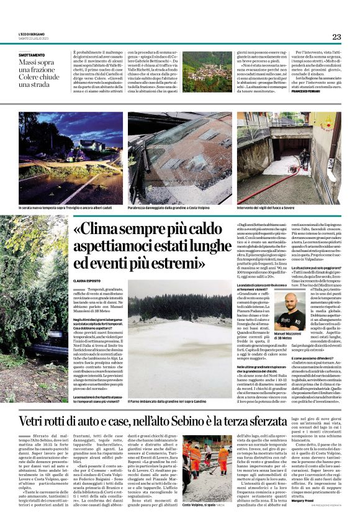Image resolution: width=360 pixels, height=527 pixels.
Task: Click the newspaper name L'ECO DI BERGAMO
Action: (32, 35)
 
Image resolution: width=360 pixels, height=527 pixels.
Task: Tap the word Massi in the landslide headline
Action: (27, 63)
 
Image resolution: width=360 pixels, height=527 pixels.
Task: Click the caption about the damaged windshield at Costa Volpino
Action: (173, 207)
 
